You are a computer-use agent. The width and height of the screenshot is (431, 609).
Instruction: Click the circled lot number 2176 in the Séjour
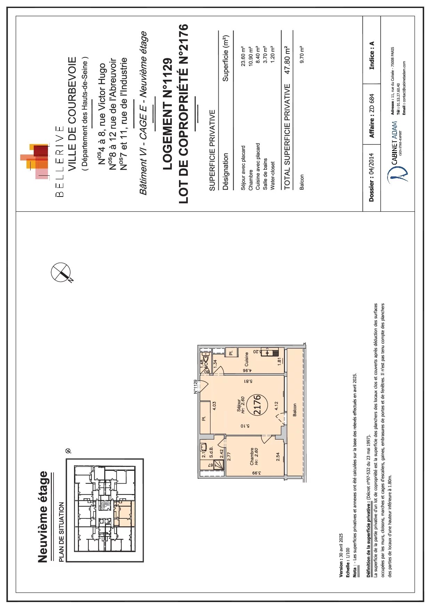[257, 404]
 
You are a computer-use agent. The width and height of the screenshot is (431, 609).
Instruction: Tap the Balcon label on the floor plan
[295, 410]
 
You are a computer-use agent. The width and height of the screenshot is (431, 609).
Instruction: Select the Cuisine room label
[247, 359]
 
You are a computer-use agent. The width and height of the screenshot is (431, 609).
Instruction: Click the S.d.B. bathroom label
[211, 452]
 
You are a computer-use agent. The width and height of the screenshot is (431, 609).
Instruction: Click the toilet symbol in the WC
[206, 358]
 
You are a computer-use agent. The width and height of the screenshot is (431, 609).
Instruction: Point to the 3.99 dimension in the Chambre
[255, 473]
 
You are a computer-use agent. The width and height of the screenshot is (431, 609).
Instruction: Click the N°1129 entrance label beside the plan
[195, 386]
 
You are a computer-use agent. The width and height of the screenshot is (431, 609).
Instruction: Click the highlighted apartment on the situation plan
[124, 514]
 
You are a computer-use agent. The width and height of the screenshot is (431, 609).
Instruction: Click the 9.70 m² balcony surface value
[302, 54]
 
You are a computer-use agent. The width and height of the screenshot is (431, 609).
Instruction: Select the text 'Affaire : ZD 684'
[372, 116]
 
